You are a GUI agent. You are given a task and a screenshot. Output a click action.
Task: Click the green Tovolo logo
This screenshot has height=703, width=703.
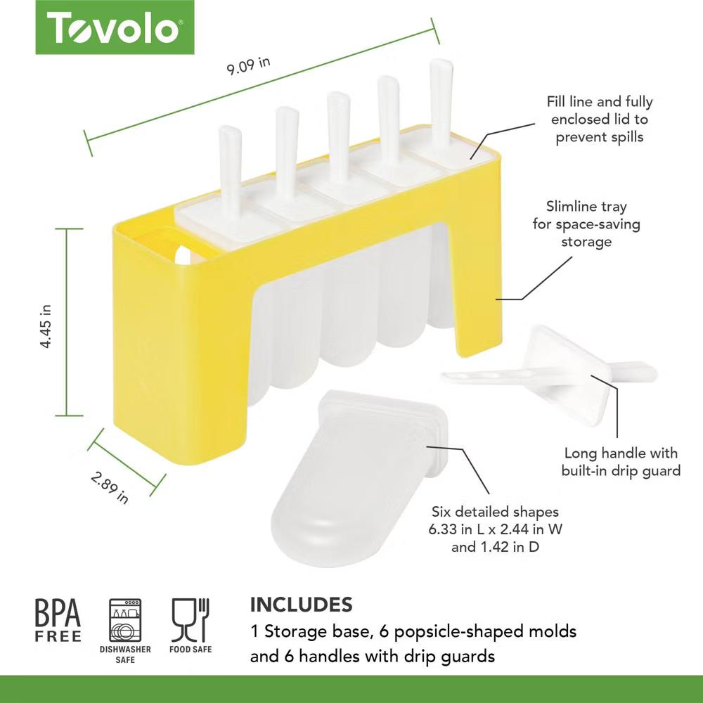click(x=115, y=27)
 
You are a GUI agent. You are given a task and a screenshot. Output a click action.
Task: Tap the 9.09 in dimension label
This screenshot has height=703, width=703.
click(x=248, y=66)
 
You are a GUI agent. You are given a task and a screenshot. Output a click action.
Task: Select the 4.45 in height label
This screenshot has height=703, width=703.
click(x=46, y=326)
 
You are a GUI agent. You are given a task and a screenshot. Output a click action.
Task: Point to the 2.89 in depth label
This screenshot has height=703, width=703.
click(x=110, y=487)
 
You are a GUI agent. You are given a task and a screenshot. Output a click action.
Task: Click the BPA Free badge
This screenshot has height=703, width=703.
click(x=58, y=621)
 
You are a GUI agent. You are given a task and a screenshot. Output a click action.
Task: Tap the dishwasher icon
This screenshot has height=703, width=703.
click(x=125, y=620)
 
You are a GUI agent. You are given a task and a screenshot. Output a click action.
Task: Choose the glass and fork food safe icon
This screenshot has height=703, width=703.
click(x=191, y=620)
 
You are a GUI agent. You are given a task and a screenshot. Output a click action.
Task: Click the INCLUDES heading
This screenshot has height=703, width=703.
click(x=302, y=605)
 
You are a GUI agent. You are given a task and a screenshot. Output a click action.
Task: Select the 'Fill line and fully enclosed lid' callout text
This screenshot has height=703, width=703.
click(x=600, y=120)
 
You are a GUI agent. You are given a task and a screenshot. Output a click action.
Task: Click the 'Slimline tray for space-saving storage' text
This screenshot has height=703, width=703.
click(x=586, y=224)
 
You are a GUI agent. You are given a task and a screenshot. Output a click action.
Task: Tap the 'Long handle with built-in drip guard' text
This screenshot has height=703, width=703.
click(x=621, y=462)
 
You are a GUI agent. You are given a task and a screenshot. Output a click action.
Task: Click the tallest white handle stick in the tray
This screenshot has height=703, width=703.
click(x=441, y=105)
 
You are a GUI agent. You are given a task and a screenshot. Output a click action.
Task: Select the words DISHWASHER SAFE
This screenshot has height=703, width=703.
click(x=125, y=654)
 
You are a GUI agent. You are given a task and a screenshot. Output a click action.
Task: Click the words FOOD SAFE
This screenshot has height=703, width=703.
click(x=191, y=649)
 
